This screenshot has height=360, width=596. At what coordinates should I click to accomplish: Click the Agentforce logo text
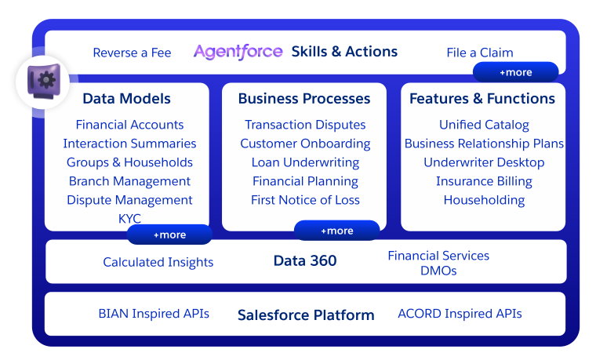[x=238, y=52]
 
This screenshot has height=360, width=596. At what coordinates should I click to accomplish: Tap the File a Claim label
[x=479, y=53]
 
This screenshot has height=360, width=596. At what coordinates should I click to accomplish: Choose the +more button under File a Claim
[x=515, y=72]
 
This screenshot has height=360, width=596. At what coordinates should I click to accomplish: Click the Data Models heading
[x=126, y=99]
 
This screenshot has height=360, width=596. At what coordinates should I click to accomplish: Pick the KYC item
[x=129, y=219]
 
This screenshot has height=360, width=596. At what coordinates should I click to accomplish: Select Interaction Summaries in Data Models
[x=129, y=144]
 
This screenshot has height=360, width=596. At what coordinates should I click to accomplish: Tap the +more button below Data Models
[x=169, y=235]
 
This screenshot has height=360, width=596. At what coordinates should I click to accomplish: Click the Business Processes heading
[x=304, y=99]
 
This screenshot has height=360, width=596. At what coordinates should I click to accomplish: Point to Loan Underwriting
[x=305, y=162]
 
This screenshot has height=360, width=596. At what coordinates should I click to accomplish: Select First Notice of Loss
[x=305, y=200]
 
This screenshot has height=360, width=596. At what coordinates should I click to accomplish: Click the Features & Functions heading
[x=482, y=99]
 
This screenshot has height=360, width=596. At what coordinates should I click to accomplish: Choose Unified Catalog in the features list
[x=484, y=125]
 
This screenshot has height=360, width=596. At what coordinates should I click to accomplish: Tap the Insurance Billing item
[x=484, y=181]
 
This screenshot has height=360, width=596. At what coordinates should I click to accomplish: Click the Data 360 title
[x=305, y=261]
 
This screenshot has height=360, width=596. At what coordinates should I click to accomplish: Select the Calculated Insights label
[x=158, y=262]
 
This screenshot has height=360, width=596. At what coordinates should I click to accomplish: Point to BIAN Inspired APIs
[x=154, y=314]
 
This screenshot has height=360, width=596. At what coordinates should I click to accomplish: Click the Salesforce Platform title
[x=306, y=315]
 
